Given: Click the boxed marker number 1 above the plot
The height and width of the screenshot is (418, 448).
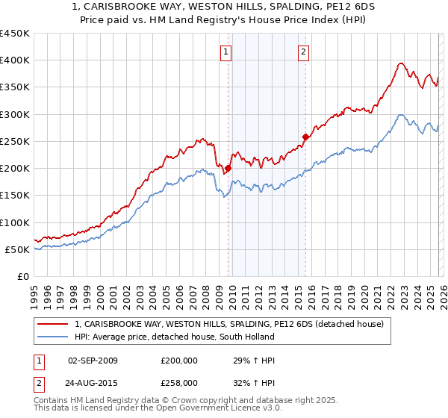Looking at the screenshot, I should pos(225,52).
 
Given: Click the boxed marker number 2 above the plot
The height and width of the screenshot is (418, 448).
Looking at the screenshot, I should pos(304,52).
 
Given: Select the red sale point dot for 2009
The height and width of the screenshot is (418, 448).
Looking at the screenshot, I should pos(228,168).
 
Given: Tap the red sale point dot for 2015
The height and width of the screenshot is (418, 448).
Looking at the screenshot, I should pos(305,137).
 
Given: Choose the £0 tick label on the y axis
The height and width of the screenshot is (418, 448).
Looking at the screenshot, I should pos(22,276).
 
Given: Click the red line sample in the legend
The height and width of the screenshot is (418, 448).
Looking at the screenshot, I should pos(54,324).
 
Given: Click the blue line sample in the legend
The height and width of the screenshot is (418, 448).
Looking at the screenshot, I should pos(54,337).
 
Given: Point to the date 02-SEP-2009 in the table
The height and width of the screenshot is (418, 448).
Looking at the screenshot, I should pos(93,361).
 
